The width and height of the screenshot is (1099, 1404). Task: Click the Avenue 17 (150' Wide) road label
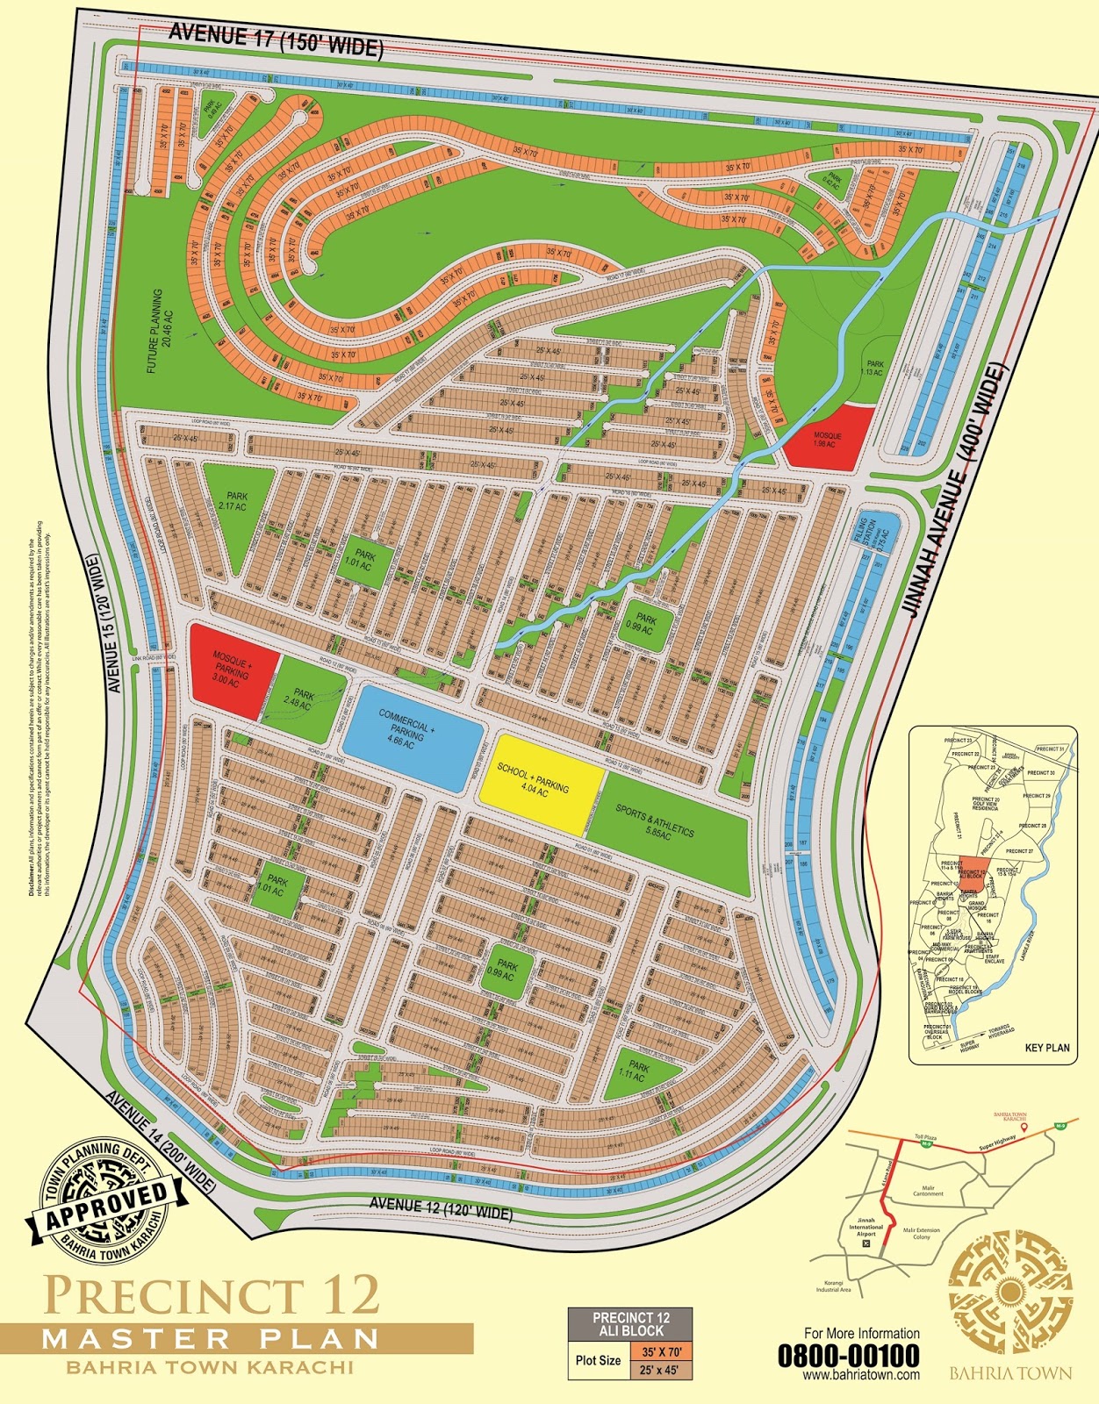tap(276, 39)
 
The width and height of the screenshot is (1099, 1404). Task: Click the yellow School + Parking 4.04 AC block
tap(538, 782)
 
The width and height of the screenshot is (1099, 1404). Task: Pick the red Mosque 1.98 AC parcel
tap(827, 438)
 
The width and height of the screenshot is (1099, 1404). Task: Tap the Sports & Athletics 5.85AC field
tap(667, 829)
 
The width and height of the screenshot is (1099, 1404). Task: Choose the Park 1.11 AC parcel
tap(638, 1071)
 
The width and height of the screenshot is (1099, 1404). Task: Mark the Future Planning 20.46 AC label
tap(161, 332)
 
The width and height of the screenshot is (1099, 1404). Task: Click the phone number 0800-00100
tap(848, 1356)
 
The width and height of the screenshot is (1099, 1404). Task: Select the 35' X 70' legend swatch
tap(660, 1352)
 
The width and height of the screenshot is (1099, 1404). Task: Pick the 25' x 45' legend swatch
tap(660, 1370)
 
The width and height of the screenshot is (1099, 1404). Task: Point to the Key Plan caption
tap(1046, 1048)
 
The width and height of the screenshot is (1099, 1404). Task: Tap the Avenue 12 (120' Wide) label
tap(441, 1208)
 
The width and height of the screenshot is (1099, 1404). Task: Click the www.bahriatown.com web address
tap(861, 1375)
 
